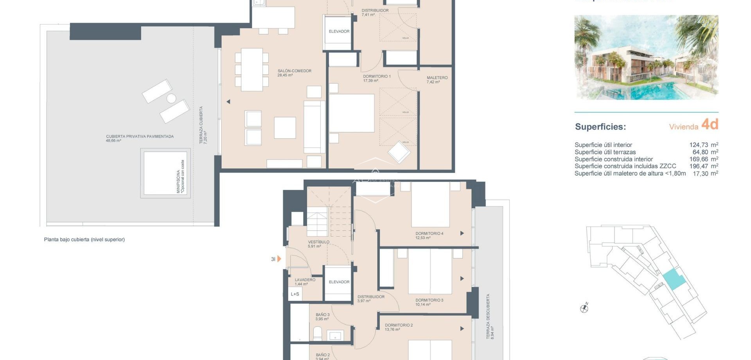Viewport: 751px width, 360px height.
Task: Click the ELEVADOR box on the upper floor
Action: pos(339,32)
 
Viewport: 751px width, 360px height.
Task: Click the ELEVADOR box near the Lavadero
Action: pos(339,282)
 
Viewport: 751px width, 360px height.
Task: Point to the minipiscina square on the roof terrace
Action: pos(165,173)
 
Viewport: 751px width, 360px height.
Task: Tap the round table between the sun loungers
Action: pos(171,98)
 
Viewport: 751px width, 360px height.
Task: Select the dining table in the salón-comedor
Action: pos(252,70)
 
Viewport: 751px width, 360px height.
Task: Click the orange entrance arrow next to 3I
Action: pos(279,259)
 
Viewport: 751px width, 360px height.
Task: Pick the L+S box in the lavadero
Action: pos(295,294)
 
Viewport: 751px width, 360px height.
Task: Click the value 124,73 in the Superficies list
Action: pos(699,145)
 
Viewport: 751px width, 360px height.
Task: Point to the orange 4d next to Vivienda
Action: pos(710,124)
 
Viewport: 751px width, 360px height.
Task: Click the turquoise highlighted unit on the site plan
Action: pos(674,279)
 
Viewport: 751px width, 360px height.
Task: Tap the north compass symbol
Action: pos(584,308)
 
